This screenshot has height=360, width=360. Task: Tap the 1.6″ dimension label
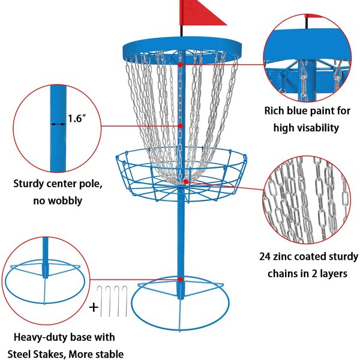coord(77,119)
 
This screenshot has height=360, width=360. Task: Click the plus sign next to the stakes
coord(94,308)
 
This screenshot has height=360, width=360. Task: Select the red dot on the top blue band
coord(180,63)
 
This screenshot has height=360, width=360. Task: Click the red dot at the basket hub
coord(186,181)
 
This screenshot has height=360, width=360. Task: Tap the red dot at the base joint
coord(180,278)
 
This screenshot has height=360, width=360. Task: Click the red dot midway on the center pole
coord(180,125)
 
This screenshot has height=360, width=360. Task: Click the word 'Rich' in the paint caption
coord(277,110)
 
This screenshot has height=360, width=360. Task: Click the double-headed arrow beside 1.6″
coord(58,124)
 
